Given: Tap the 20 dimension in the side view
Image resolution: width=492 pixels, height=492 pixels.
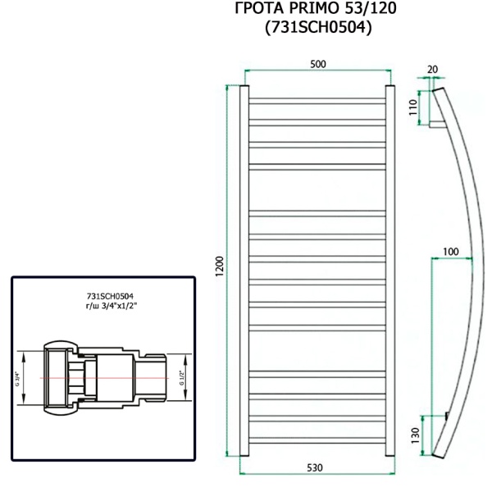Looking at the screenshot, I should [x=433, y=69].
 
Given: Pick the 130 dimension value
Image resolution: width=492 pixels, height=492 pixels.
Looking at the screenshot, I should [x=414, y=432].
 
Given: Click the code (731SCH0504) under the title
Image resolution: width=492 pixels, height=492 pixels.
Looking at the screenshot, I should [x=317, y=29].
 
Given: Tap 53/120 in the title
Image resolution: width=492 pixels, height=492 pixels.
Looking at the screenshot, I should [x=371, y=11].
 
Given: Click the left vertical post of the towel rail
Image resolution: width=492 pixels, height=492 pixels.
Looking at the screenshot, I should [x=242, y=271].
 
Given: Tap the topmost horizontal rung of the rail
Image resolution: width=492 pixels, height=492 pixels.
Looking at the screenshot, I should [x=316, y=102].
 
